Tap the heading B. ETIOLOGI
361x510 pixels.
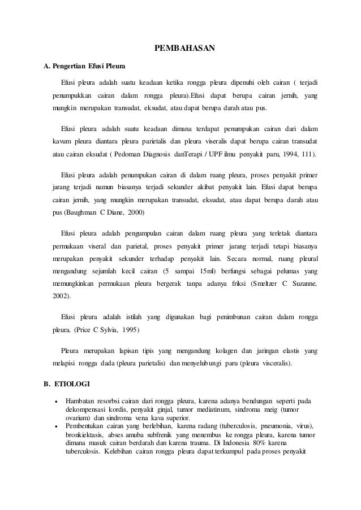[x=67, y=385]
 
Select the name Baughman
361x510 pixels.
[x=81, y=212]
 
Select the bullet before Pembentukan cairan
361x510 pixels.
[x=55, y=425]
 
